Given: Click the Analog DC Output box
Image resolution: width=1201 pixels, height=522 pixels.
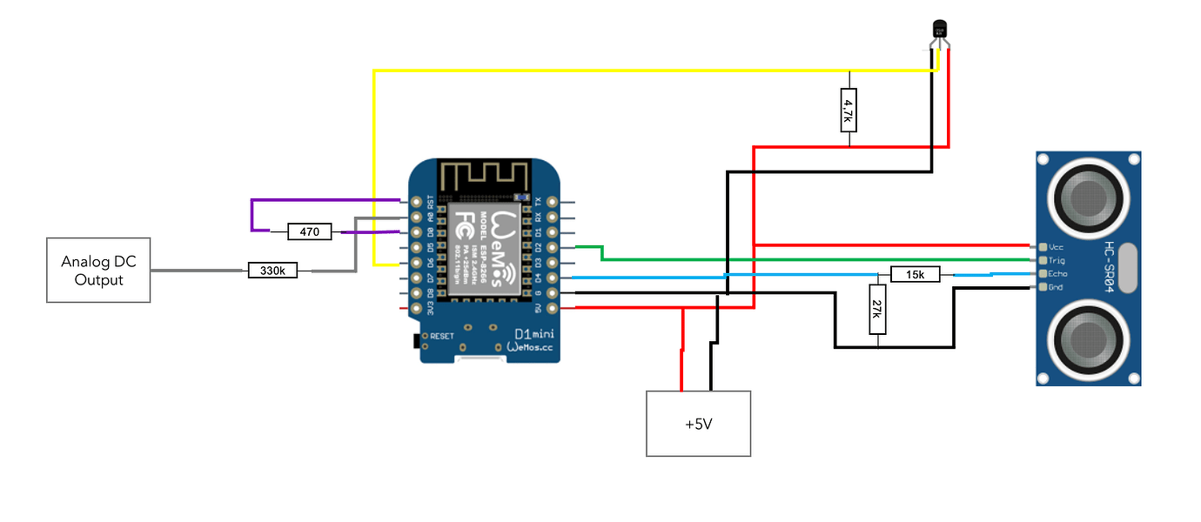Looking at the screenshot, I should pos(98,271).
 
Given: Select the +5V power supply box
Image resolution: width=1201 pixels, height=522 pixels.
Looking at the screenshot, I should pos(698,423).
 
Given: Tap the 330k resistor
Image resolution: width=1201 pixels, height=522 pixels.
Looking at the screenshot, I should pos(272,271).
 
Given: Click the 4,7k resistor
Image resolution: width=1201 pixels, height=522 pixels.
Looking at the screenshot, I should pos(848,110).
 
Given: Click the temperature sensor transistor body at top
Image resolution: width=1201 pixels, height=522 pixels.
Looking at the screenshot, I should pos(939,30).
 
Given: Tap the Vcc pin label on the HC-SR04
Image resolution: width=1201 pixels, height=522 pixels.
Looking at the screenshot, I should pos(1057,246).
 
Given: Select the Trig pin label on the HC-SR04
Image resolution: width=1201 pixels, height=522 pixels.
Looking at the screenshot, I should pos(1057,260).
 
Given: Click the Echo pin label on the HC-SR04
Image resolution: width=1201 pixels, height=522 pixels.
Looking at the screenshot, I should pos(1057,274).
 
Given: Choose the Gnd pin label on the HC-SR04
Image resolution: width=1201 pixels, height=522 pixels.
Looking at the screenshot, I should pos(1056,287).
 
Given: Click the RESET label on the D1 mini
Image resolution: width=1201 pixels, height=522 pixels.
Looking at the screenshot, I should pos(441,336).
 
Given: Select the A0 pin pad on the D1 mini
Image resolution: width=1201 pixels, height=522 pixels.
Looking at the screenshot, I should pos(417,217).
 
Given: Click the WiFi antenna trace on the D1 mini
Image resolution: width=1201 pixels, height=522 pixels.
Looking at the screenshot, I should pos(483,176).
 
